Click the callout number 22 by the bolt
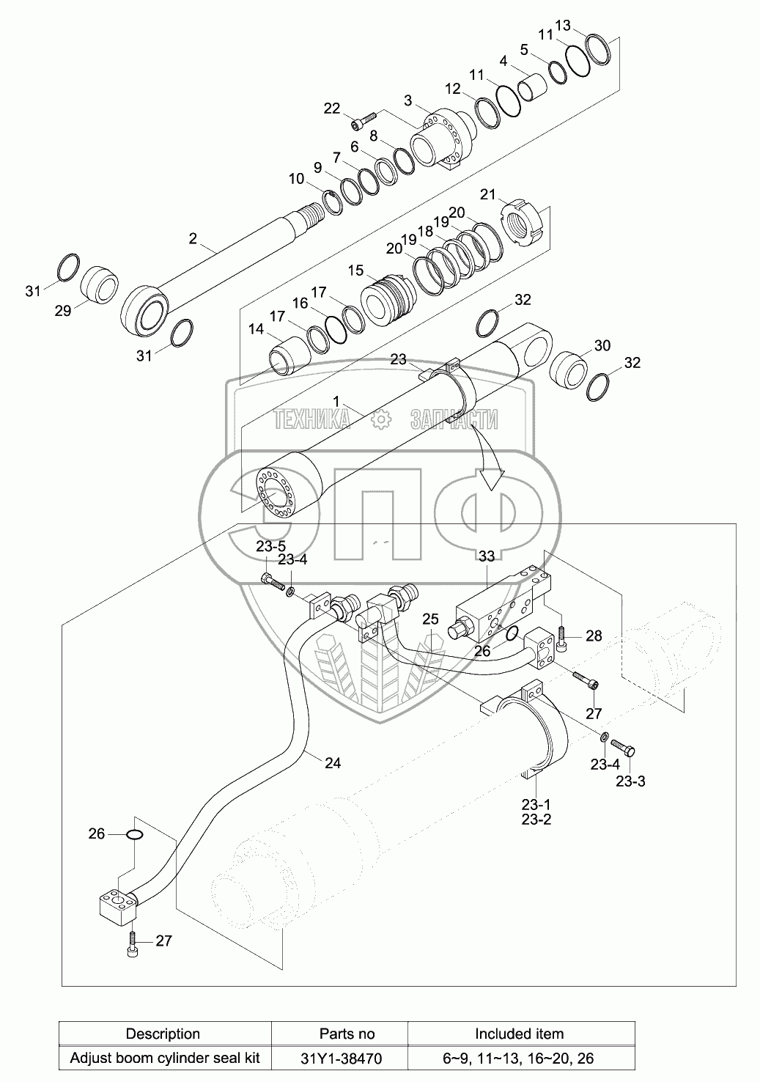(x=332, y=108)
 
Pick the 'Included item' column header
(x=519, y=1034)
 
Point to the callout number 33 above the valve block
(x=487, y=556)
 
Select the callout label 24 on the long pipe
(x=332, y=762)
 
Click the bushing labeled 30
(x=567, y=370)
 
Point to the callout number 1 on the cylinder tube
(x=336, y=401)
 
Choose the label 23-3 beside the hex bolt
(x=630, y=781)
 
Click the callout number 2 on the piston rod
(x=193, y=238)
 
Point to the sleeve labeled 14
(x=287, y=351)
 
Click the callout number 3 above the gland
(x=408, y=100)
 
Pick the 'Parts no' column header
(x=347, y=1034)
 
